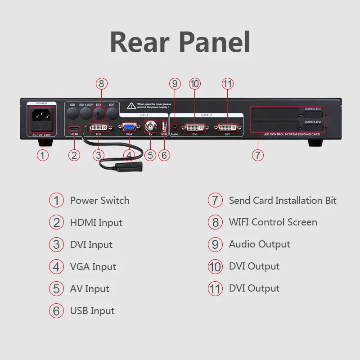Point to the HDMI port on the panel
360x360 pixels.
[x=74, y=129]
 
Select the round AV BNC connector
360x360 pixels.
[x=150, y=126]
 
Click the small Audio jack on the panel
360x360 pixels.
[x=175, y=127]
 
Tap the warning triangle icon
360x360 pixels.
[x=131, y=106]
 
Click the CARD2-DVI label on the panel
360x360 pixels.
[x=312, y=109]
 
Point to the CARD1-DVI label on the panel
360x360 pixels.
[x=312, y=121]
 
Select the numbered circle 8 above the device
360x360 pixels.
[x=102, y=84]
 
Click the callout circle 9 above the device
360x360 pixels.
[x=175, y=84]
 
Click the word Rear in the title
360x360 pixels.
[x=137, y=43]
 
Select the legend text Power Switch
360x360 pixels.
[x=99, y=201]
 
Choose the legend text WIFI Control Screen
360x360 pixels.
[x=273, y=222]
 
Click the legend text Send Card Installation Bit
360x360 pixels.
[x=283, y=201]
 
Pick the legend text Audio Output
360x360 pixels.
[x=259, y=244]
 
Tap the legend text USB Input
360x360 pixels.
[x=92, y=311]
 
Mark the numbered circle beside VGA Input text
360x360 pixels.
[x=56, y=267]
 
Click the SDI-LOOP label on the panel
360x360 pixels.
[x=85, y=104]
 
